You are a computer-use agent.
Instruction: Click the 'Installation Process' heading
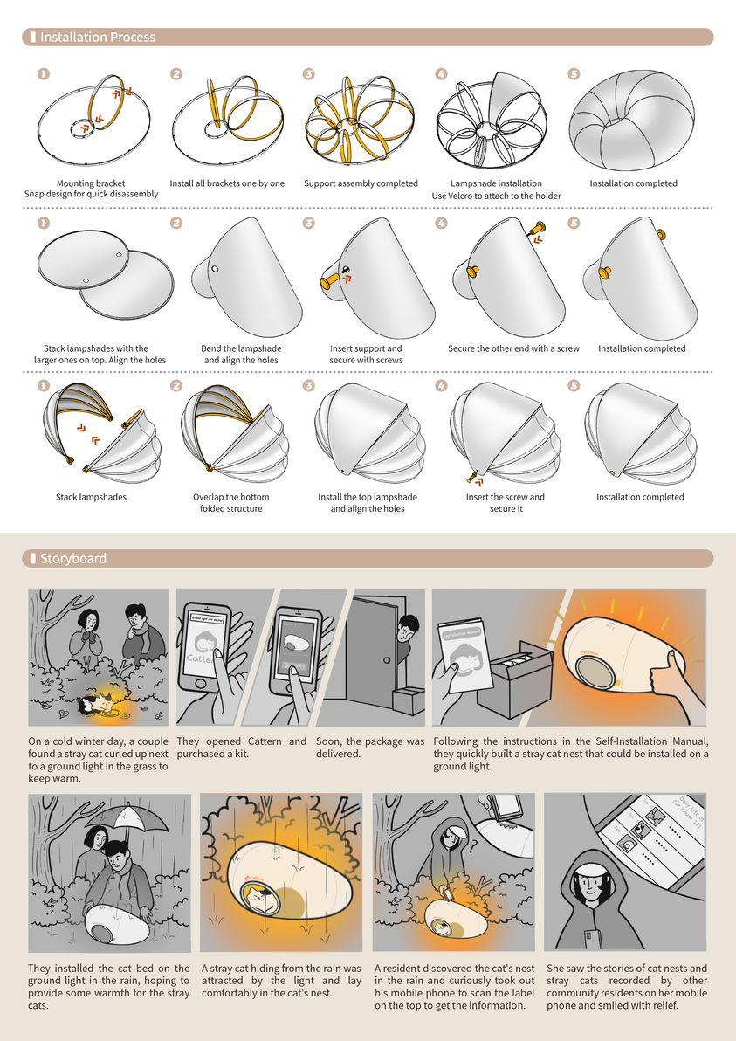97,38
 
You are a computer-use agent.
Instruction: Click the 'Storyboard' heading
72,558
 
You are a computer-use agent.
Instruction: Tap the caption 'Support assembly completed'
361,183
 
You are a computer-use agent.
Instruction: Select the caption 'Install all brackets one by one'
227,183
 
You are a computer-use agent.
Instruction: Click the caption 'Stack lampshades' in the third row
91,497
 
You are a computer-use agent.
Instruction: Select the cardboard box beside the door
407,699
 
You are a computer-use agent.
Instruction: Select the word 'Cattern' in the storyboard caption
263,741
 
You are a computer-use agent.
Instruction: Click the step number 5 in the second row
574,223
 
